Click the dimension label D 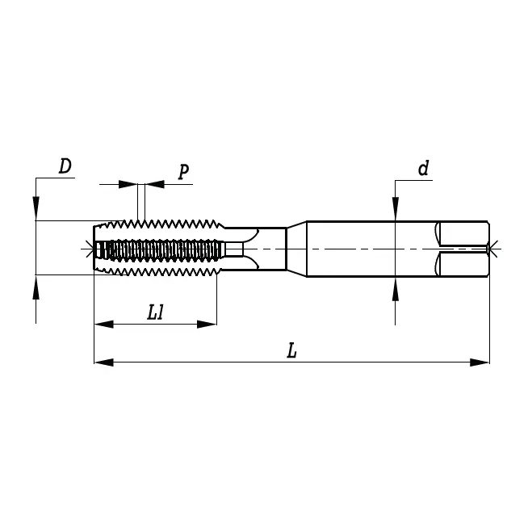pos(65,166)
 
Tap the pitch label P pos(183,171)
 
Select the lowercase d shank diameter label pos(422,168)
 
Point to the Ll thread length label pos(156,312)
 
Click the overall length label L pos(291,350)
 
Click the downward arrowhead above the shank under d pos(395,211)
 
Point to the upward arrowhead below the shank pos(395,290)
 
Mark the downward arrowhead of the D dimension pos(36,211)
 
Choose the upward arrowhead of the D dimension pos(36,285)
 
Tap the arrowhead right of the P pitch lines pos(154,185)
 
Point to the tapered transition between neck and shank pos(296,248)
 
